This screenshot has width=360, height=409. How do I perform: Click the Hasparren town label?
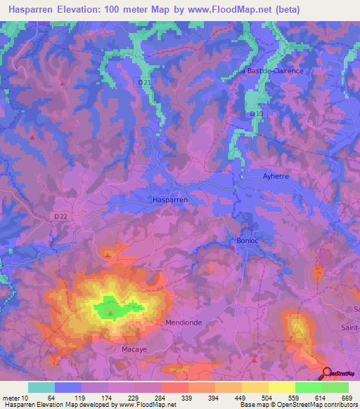170,200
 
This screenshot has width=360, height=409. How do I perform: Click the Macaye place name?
131,346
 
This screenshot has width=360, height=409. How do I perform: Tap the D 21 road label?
144,82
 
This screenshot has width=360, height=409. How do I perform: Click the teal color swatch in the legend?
41,387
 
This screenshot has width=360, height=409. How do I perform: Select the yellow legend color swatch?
282,387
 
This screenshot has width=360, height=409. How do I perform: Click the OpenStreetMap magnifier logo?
328,374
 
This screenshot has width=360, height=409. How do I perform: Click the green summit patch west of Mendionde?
111,307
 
